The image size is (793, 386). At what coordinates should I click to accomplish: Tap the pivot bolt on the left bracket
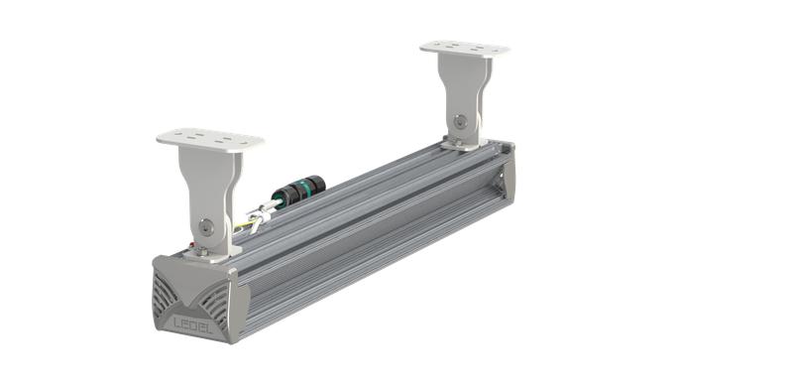(203, 226)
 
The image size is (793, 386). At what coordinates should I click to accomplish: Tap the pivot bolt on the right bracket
(459, 121)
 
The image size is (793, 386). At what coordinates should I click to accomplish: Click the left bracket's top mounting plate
(209, 140)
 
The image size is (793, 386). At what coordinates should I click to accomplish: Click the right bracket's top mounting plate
(464, 47)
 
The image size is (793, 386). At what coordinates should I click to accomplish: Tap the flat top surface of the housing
(347, 198)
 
